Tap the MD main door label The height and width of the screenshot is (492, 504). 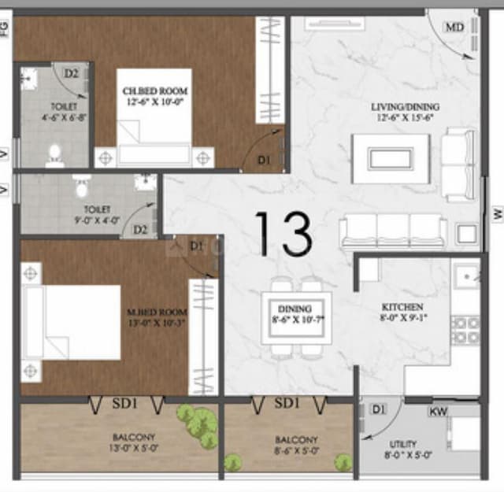(454, 28)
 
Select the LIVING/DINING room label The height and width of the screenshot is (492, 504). (406, 112)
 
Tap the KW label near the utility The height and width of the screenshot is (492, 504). (438, 412)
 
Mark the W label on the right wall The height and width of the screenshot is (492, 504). (497, 213)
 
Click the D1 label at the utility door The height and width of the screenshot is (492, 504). (379, 409)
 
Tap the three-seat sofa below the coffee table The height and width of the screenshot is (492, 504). (394, 231)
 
